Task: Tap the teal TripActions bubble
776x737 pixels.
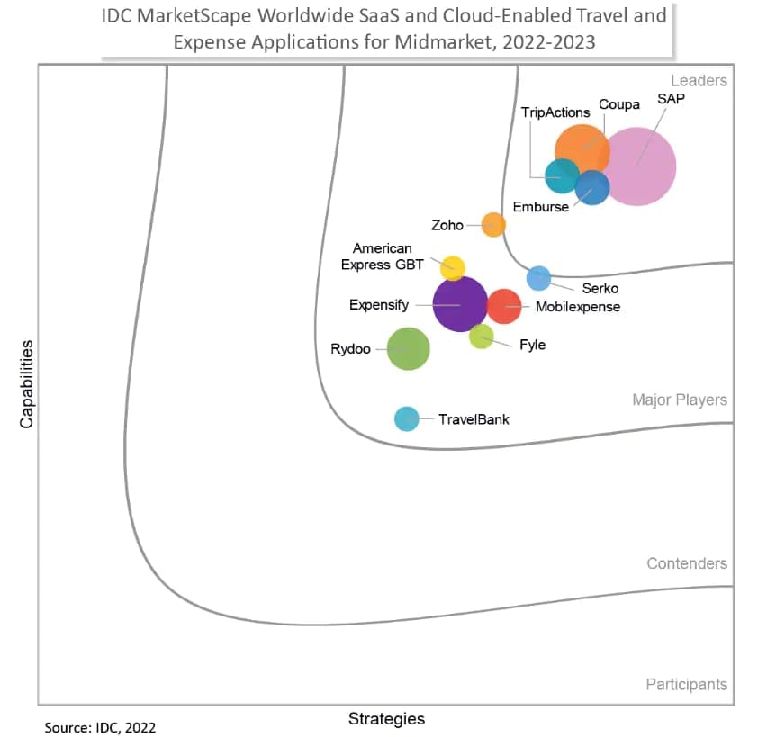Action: coord(562,175)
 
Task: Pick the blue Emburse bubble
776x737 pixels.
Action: coord(592,187)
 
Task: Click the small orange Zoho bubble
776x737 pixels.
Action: coord(493,224)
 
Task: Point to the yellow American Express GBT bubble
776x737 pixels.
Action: coord(452,267)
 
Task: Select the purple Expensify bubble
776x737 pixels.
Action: coord(460,304)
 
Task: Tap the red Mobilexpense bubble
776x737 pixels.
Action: coord(504,306)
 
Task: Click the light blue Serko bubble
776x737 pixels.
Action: coord(538,278)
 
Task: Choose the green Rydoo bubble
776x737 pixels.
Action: coord(408,348)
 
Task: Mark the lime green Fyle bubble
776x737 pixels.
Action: coord(482,337)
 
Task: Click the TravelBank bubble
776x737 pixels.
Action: coord(407,418)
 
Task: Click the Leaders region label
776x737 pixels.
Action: coord(699,81)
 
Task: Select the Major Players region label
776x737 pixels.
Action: coord(680,400)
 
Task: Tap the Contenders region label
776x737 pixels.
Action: coord(687,563)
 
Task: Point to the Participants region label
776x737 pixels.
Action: coord(686,685)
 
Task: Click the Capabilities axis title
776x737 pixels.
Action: coord(27,383)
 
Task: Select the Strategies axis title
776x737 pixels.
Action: coord(386,718)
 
